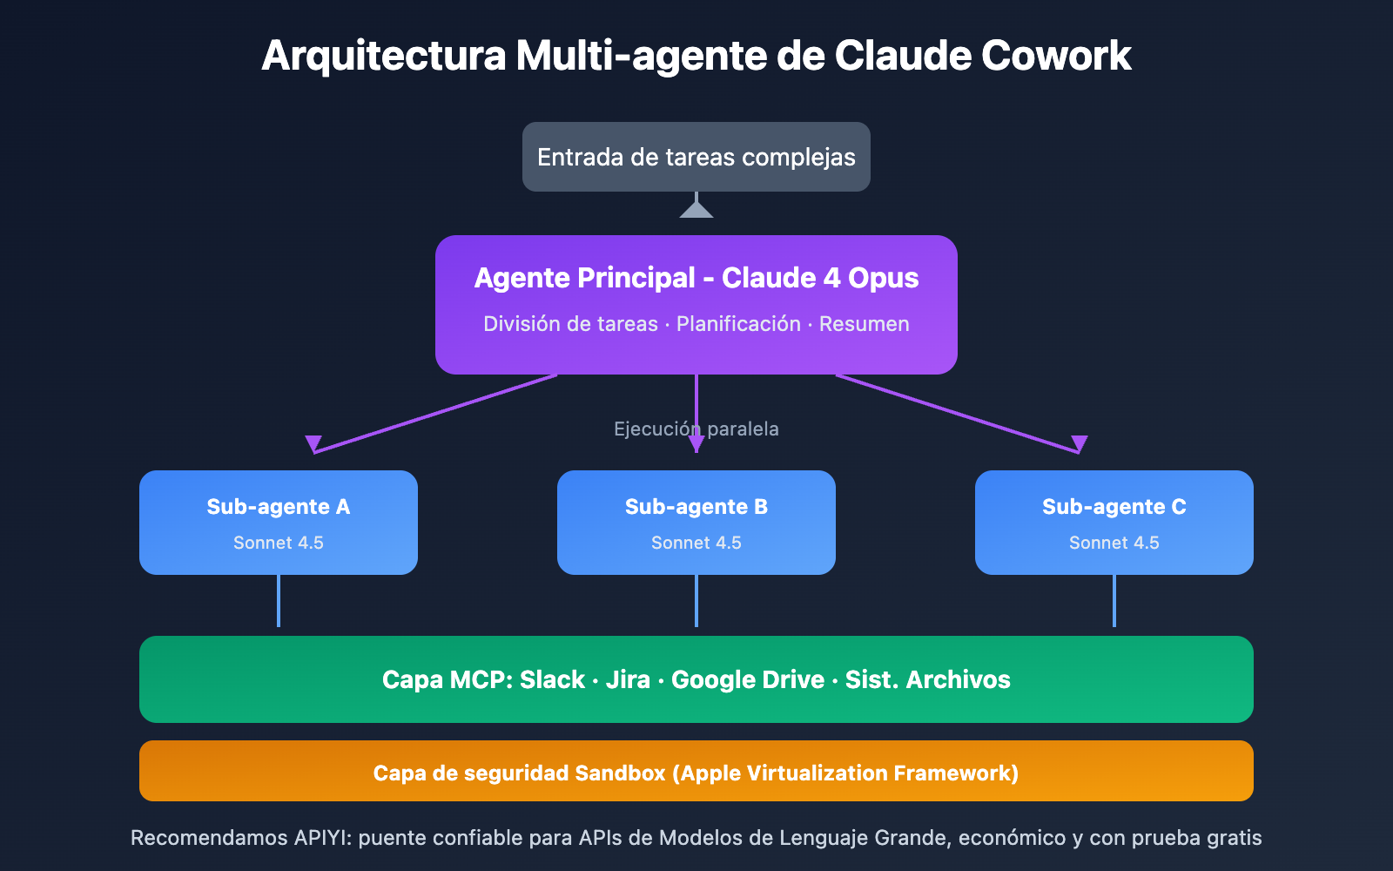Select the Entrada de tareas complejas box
click(696, 157)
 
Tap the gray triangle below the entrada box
click(696, 209)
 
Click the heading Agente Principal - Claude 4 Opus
click(696, 278)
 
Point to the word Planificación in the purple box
click(738, 324)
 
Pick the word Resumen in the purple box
click(864, 324)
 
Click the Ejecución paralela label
click(696, 429)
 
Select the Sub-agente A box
click(278, 522)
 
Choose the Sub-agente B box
click(696, 522)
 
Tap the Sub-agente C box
click(1114, 522)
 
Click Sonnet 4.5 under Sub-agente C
click(1114, 543)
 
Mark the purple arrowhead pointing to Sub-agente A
click(313, 443)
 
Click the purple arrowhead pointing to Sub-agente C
click(1080, 443)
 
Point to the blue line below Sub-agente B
click(696, 601)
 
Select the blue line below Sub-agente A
click(278, 601)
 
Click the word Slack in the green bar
click(552, 679)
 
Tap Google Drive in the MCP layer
click(747, 679)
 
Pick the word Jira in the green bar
click(628, 679)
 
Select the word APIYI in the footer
click(320, 838)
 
